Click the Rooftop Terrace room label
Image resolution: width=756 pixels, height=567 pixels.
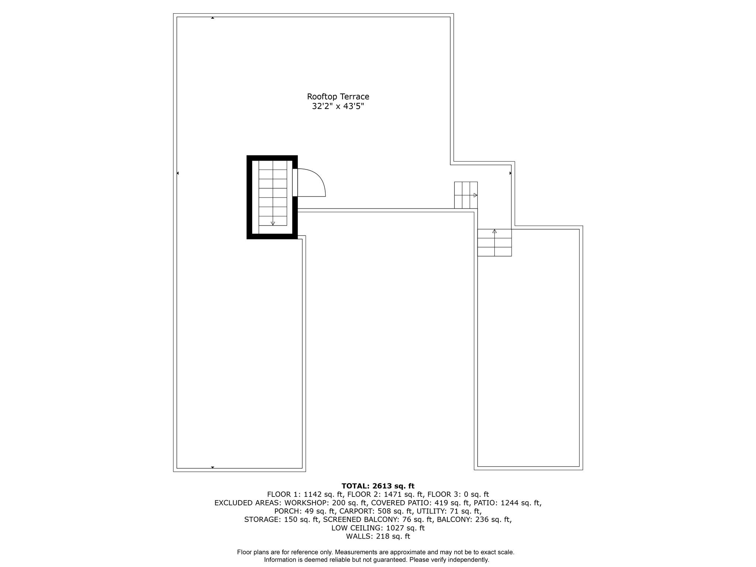(338, 97)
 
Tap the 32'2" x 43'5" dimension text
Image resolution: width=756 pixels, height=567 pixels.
(338, 107)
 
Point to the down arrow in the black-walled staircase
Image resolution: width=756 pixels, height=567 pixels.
(273, 223)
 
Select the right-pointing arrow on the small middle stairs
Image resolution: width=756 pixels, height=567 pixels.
(475, 195)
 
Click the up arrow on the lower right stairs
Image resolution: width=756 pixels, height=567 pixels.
(494, 231)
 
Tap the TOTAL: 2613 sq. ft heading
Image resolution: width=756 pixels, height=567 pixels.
(378, 486)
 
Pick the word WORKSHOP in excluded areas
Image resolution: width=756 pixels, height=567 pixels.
(305, 503)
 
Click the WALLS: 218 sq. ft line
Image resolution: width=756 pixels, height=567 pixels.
(378, 537)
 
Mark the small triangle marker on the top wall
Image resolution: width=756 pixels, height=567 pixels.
(213, 18)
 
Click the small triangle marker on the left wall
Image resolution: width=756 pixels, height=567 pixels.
(178, 173)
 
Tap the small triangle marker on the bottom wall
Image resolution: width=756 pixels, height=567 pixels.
(213, 467)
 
